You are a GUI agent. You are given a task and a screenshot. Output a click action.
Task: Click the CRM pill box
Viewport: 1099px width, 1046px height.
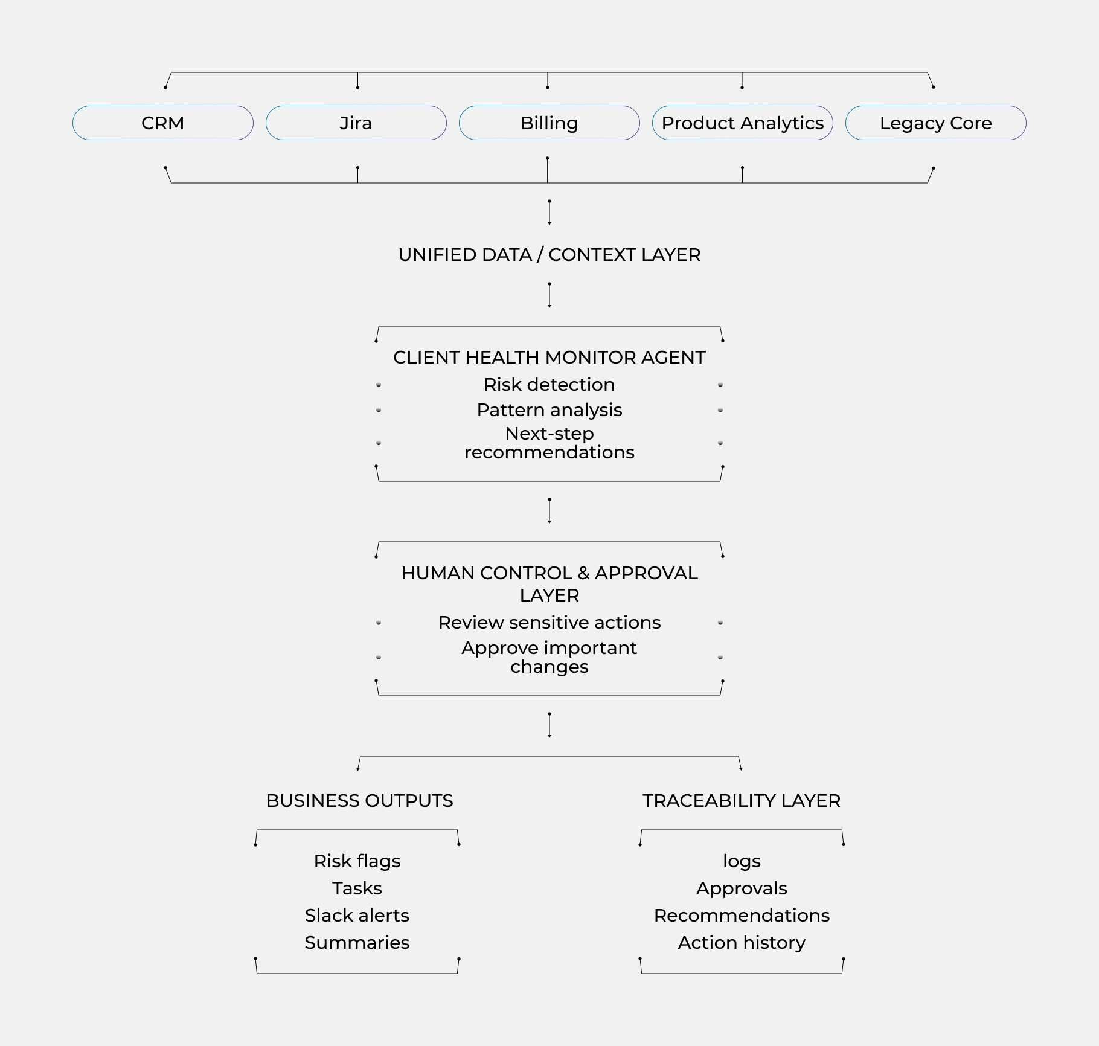tap(162, 123)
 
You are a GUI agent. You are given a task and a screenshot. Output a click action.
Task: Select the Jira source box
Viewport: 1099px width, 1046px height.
tap(356, 123)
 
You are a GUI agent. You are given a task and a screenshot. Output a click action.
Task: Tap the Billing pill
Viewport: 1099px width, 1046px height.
tap(549, 123)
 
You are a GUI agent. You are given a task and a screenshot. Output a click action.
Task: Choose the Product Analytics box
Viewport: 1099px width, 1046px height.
tap(742, 123)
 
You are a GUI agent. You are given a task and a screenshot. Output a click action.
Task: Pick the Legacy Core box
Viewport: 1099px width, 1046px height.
tap(935, 123)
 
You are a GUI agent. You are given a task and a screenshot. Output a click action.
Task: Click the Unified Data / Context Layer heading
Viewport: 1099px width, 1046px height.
tap(549, 255)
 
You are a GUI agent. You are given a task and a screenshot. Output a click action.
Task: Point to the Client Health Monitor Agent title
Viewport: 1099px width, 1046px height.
tap(549, 358)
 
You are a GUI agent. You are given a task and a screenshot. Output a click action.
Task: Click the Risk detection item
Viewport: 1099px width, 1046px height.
tap(549, 385)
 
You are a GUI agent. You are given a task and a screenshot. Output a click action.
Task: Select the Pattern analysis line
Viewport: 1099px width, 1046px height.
tap(549, 410)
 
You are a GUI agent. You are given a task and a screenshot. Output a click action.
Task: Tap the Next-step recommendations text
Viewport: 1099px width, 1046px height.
tap(549, 443)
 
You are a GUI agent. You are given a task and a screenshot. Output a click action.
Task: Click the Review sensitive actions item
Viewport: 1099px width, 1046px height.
tap(549, 623)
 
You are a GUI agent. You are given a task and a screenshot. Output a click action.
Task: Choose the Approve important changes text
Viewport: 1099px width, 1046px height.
tap(549, 657)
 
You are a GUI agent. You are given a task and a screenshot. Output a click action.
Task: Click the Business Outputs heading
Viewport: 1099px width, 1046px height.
tap(359, 801)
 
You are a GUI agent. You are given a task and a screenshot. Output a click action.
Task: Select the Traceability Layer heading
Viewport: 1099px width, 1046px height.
tap(742, 801)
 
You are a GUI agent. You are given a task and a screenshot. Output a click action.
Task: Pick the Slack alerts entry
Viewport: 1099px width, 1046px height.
tap(357, 916)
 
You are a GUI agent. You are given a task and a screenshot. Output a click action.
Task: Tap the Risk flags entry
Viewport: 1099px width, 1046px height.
tap(357, 861)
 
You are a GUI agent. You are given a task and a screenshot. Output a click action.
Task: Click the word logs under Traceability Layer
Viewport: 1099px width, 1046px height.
tap(742, 861)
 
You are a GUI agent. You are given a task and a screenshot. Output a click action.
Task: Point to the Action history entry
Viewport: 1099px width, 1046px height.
tap(742, 943)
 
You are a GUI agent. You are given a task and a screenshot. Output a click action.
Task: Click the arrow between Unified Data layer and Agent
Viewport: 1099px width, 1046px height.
tap(549, 295)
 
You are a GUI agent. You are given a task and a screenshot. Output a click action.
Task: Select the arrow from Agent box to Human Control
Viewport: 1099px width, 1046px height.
tap(549, 511)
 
